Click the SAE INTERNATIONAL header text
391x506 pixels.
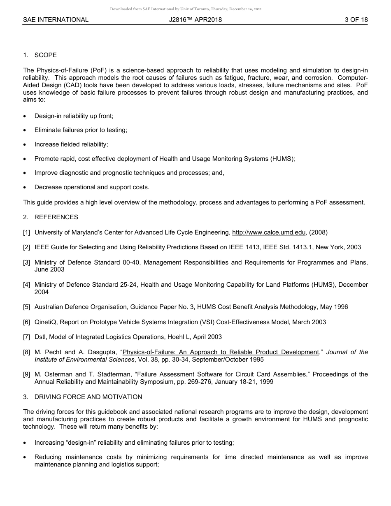click(x=56, y=19)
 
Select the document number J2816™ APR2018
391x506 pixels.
click(x=195, y=19)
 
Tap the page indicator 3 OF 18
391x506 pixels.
click(x=356, y=19)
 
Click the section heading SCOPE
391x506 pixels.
click(x=46, y=55)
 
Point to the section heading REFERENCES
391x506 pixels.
click(x=56, y=217)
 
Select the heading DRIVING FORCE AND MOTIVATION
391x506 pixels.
click(x=88, y=397)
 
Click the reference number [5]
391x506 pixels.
click(x=27, y=307)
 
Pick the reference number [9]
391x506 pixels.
click(x=27, y=374)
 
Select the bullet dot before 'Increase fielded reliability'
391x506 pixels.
click(x=25, y=145)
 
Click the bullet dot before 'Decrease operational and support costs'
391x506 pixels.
click(x=25, y=188)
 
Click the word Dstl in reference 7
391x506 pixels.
click(x=40, y=337)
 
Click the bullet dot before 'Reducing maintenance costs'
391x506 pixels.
click(x=25, y=457)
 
